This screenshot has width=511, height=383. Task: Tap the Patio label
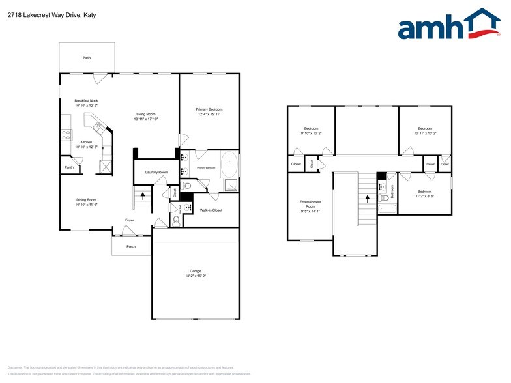tap(87, 58)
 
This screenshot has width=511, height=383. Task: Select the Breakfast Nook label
tap(86, 101)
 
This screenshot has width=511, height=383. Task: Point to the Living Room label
tap(146, 114)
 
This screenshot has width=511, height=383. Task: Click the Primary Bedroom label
tap(209, 109)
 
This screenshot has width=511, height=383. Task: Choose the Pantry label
tap(69, 167)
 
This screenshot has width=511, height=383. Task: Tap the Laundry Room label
tap(156, 172)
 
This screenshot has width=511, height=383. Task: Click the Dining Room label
tap(86, 200)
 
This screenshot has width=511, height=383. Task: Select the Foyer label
tap(130, 220)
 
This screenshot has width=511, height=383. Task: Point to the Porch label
tap(131, 247)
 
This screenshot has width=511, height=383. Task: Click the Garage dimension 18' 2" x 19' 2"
tap(196, 276)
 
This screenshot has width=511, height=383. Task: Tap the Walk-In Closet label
tap(211, 210)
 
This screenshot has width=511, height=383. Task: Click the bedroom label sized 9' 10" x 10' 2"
tap(312, 133)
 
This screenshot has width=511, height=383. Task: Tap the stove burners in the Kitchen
tap(66, 135)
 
